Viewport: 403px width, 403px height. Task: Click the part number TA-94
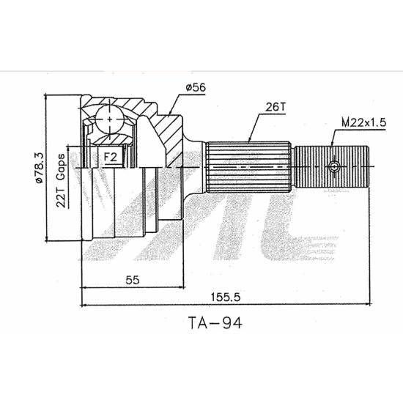click(x=215, y=323)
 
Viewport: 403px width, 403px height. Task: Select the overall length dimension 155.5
click(x=226, y=297)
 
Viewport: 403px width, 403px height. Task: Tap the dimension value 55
click(x=133, y=280)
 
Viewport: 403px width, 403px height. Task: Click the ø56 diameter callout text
click(x=196, y=88)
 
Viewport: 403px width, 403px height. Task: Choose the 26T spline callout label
click(x=276, y=107)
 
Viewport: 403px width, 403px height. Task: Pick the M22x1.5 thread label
click(x=363, y=122)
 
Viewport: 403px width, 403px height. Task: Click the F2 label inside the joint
click(x=110, y=157)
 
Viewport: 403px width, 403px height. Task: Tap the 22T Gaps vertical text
click(x=62, y=180)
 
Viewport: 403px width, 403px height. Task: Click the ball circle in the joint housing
click(x=110, y=119)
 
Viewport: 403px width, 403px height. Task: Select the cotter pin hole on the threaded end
click(x=334, y=166)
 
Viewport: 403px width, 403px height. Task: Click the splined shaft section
click(x=249, y=167)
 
